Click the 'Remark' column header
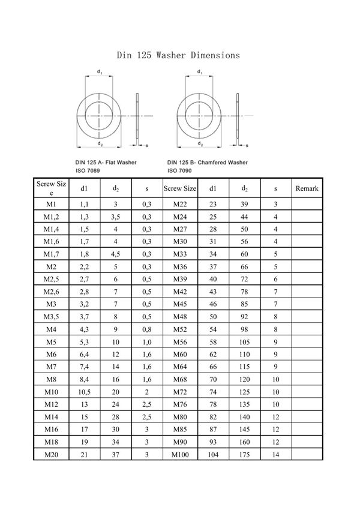[307, 189]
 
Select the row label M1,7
[51, 254]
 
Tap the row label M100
[180, 455]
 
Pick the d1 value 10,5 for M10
[85, 392]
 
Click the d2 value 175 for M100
[244, 455]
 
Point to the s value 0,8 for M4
[146, 329]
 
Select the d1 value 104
[212, 455]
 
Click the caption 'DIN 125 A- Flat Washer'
[106, 162]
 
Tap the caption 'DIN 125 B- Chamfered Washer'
[208, 162]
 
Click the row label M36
[180, 266]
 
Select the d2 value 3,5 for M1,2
[115, 216]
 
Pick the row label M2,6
[51, 292]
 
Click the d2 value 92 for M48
[244, 317]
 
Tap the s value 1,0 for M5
[146, 342]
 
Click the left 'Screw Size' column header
[51, 188]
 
